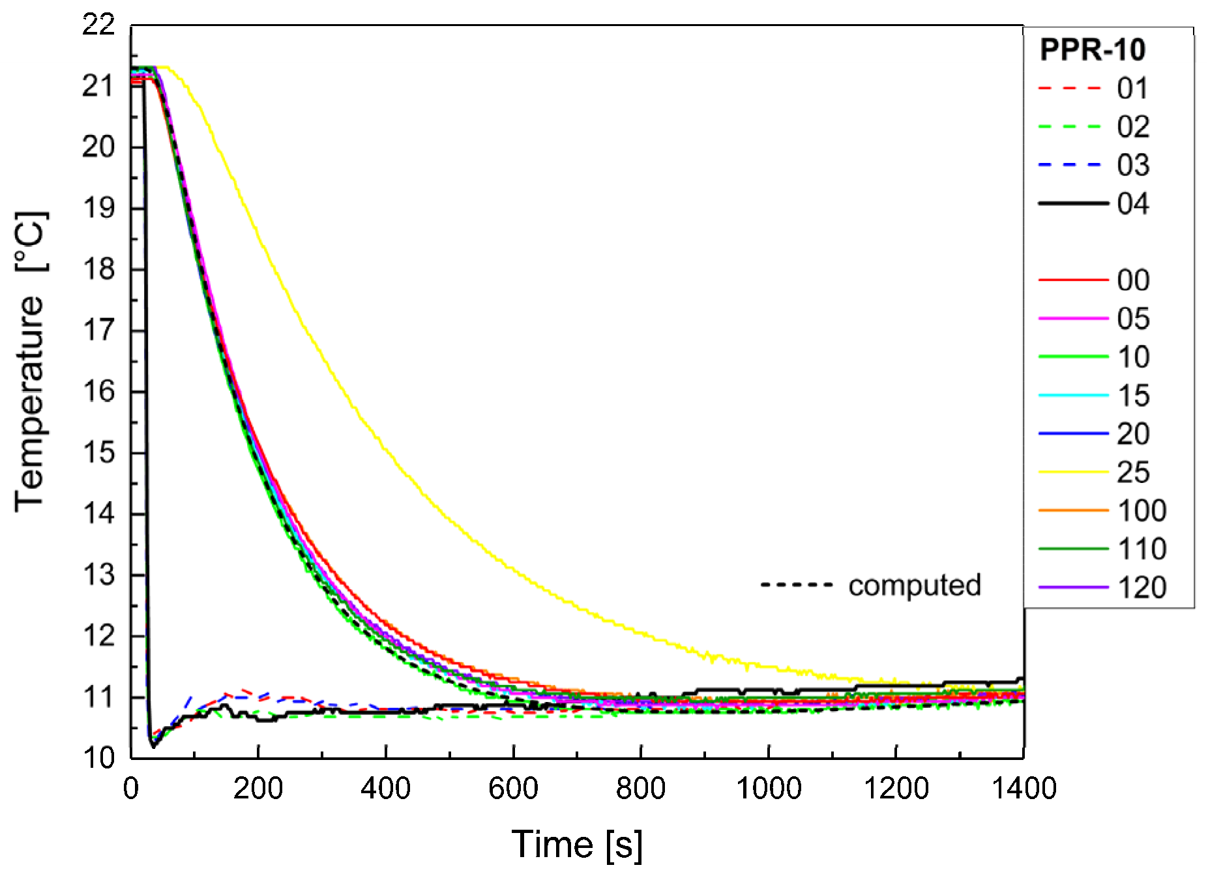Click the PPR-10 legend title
click(x=1092, y=50)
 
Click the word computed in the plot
click(x=914, y=585)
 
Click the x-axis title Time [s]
click(x=577, y=845)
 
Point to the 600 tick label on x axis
click(x=513, y=789)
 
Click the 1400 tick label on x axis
click(x=1024, y=789)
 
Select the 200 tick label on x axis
click(x=258, y=789)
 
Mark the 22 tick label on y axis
click(x=98, y=25)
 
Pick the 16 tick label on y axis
click(x=98, y=392)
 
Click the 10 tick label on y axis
click(x=98, y=758)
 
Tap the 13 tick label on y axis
click(x=98, y=575)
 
